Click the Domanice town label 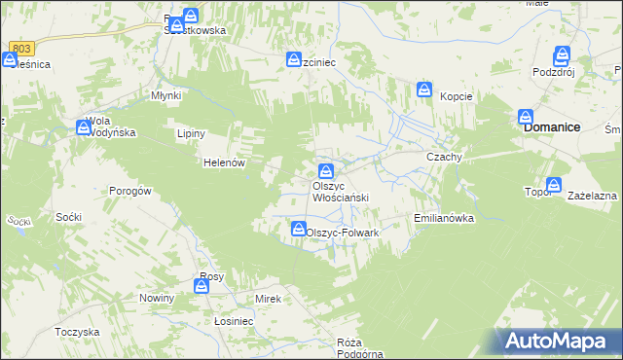tap(552, 127)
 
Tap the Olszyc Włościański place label tap(340, 192)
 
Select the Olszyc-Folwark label tap(342, 234)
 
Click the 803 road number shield tap(23, 48)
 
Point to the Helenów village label tap(222, 163)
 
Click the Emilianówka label tap(444, 219)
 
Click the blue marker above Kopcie tap(424, 90)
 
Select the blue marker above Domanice tap(527, 116)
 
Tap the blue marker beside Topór tap(555, 183)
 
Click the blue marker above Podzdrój tap(562, 55)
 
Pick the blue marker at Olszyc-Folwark tap(297, 229)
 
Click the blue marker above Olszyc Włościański tap(327, 170)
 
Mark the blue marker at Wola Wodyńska tap(83, 126)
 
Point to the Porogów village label tap(129, 192)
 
